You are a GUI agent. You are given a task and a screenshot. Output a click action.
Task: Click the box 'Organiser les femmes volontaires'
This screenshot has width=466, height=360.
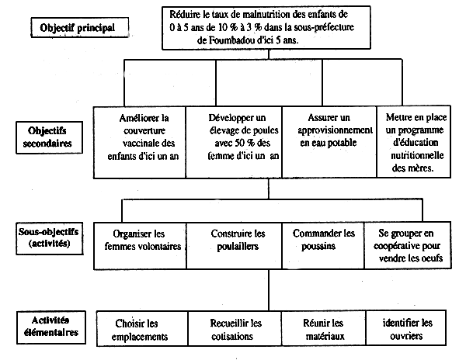(x=140, y=241)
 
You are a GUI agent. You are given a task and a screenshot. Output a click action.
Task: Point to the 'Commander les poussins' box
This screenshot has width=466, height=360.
(x=324, y=241)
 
